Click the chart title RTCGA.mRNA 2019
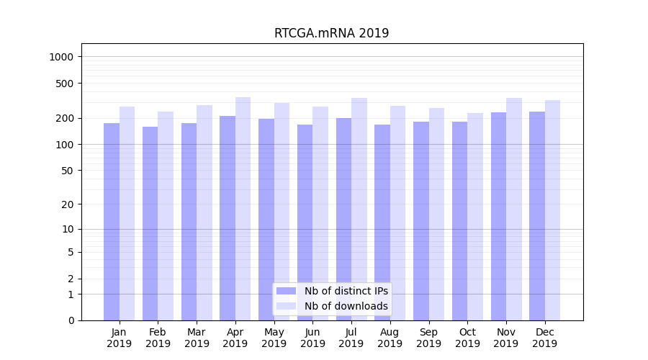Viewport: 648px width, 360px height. (x=331, y=33)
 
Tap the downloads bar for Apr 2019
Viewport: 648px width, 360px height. (x=243, y=209)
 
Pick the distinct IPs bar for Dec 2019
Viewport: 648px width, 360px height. (x=537, y=216)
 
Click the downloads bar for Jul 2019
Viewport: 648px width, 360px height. (x=359, y=209)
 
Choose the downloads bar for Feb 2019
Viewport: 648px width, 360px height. (x=166, y=216)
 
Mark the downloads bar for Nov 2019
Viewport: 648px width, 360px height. (x=514, y=209)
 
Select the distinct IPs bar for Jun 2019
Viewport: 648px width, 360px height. (x=305, y=222)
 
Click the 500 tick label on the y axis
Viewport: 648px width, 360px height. (x=66, y=84)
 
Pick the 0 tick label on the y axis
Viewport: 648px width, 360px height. (x=71, y=320)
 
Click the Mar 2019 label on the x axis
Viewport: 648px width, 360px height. (x=197, y=338)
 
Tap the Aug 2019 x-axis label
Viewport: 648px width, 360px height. (x=390, y=338)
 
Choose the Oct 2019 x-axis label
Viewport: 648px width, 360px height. (x=467, y=338)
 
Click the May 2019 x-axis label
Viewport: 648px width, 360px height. (x=274, y=338)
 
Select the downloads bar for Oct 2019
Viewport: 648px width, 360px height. (x=475, y=217)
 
